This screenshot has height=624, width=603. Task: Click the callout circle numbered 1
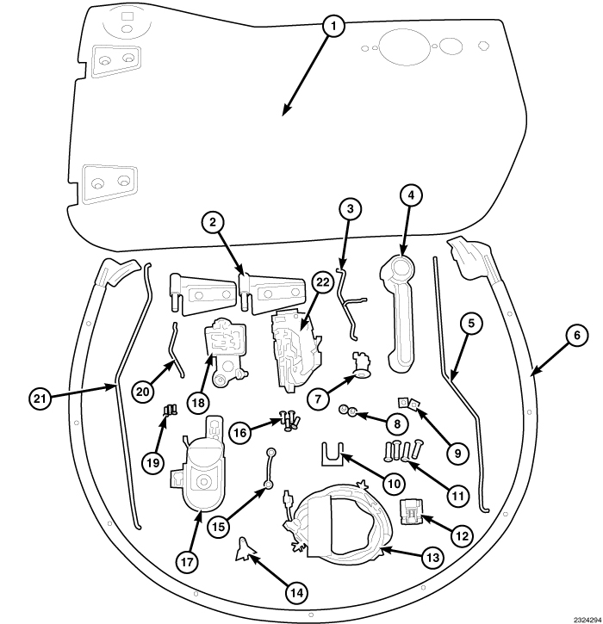tap(333, 27)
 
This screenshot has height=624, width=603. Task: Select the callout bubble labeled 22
tap(322, 282)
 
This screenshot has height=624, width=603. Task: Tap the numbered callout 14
tap(296, 593)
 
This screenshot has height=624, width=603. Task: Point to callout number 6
tap(577, 335)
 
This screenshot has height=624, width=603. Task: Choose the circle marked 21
tap(40, 398)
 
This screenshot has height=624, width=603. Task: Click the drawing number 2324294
tap(587, 620)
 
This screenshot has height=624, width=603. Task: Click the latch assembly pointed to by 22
tap(295, 350)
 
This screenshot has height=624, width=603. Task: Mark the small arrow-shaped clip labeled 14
tap(245, 550)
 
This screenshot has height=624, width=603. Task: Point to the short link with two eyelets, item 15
tap(270, 468)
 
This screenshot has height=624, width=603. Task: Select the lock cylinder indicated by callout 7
tap(362, 366)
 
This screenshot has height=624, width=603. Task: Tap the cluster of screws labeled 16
tap(289, 420)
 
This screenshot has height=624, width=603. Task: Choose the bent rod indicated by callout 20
tap(176, 350)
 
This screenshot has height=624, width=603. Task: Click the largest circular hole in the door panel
tap(404, 46)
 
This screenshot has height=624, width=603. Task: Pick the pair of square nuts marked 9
tap(409, 403)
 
